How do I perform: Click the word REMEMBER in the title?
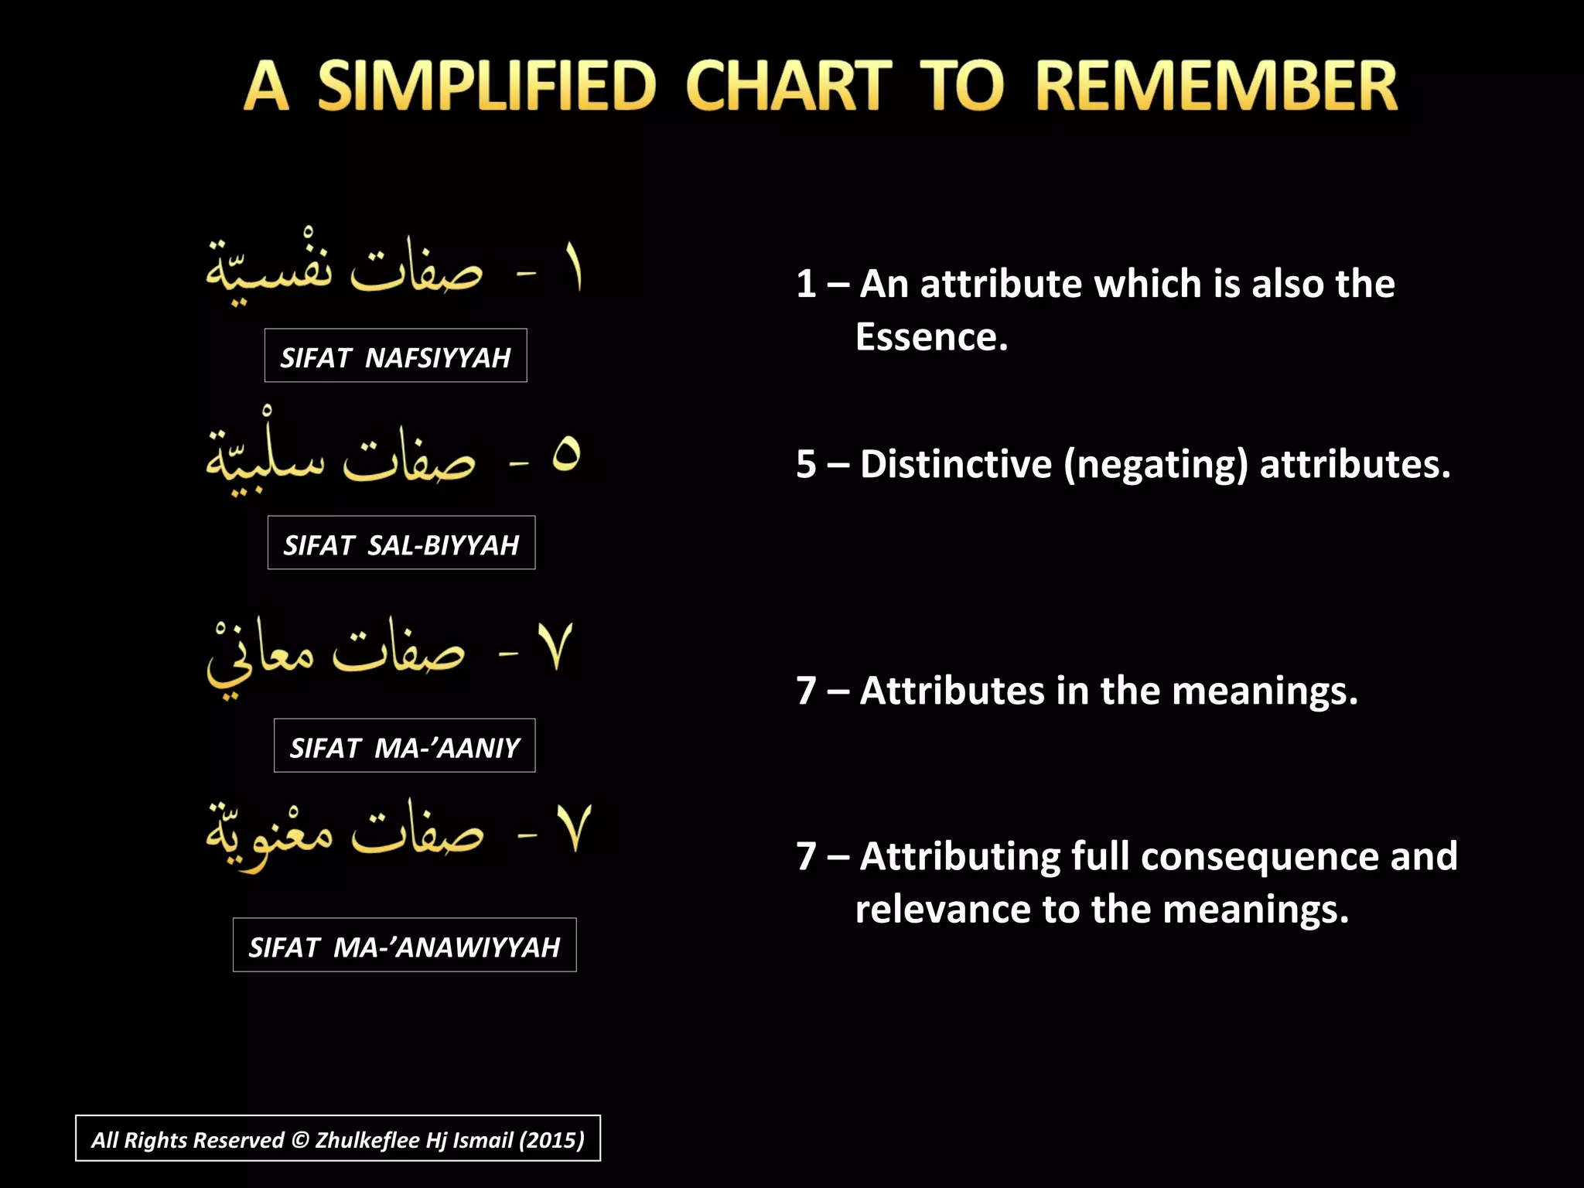pos(1216,87)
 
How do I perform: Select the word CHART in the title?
pos(789,87)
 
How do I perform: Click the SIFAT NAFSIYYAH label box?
pos(395,356)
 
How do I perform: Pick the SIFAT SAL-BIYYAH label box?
pos(401,543)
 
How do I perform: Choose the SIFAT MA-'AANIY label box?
pos(405,746)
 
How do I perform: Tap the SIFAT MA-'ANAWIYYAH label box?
pos(405,945)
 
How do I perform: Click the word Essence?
pos(931,337)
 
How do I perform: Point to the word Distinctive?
pos(955,464)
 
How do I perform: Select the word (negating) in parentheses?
pos(1156,464)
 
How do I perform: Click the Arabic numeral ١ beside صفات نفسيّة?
pos(573,268)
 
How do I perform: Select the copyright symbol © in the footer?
pos(300,1139)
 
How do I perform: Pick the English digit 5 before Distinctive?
pos(807,464)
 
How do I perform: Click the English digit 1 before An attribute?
pos(806,284)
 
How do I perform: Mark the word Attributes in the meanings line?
pos(952,691)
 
